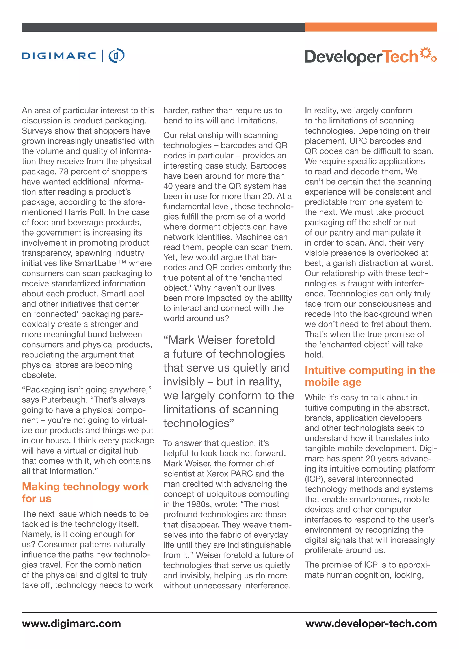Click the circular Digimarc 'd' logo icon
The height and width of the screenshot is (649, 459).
click(117, 55)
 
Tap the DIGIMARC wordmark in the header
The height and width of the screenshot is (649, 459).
click(59, 56)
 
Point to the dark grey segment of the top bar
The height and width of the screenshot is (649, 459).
click(163, 27)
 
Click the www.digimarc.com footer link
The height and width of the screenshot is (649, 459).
click(71, 623)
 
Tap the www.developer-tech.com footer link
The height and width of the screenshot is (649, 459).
click(371, 623)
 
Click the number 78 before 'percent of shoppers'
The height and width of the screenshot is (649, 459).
click(64, 172)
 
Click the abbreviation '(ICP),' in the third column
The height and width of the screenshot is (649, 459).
click(315, 479)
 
